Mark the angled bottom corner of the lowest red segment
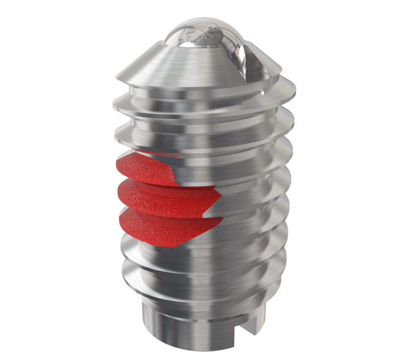pos(173,247)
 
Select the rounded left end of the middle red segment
pos(120,192)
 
